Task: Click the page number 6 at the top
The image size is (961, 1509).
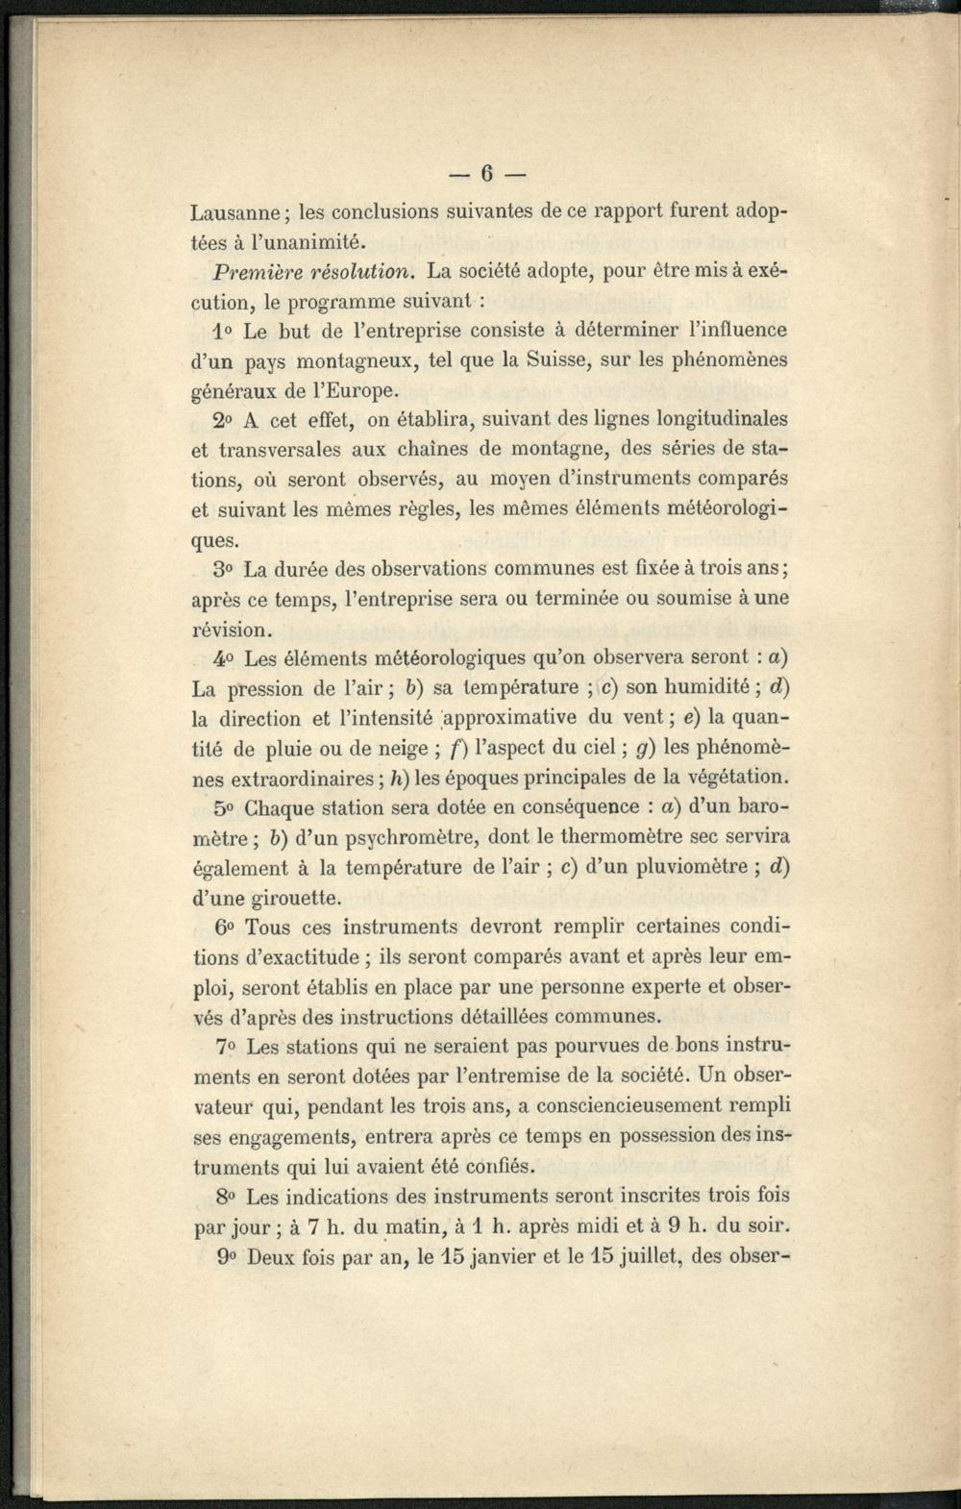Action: [486, 173]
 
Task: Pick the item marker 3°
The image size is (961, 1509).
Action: [225, 569]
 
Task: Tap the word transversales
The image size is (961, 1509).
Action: [272, 450]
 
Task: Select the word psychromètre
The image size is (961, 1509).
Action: [399, 836]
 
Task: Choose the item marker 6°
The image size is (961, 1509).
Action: [225, 928]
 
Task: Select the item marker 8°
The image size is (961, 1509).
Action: [227, 1197]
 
